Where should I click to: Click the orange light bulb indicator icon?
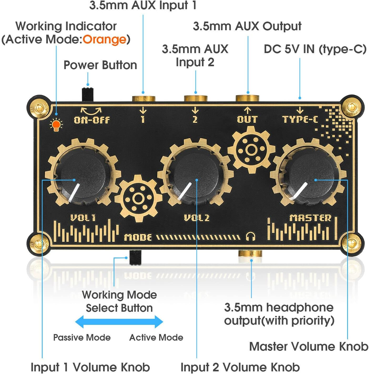coord(56,125)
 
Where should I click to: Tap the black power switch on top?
coord(88,94)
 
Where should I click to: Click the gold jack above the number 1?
coord(143,98)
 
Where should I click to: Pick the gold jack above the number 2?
coord(195,98)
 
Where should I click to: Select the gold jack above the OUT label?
coord(247,98)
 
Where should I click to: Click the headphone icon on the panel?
coord(251,236)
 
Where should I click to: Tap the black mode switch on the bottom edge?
coord(135,257)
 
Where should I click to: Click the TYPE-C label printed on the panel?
coord(300,120)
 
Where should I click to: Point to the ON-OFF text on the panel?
coord(92,120)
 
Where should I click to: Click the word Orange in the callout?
coord(104,40)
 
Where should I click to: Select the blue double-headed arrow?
coord(119,322)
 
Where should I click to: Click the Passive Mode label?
coord(82,337)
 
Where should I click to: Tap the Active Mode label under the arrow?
coord(156,337)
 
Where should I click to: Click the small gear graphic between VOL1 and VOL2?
coord(138,198)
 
